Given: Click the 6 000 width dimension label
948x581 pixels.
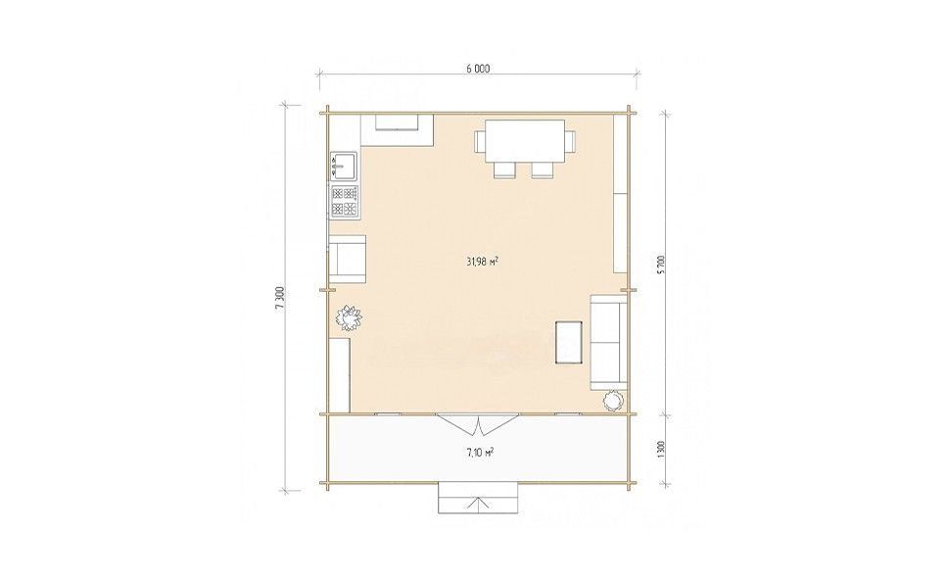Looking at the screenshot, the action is click(x=478, y=69).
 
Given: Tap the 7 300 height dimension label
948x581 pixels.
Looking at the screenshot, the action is click(x=279, y=298).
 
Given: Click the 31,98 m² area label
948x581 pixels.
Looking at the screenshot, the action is click(x=482, y=262).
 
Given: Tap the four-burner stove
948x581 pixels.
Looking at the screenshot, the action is click(x=344, y=201).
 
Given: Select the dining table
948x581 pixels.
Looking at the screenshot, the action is click(x=525, y=141).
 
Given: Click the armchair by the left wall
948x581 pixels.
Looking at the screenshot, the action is click(x=348, y=260).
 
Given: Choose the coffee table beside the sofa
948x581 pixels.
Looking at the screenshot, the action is click(x=569, y=342).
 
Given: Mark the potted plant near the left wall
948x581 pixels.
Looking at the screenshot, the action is click(x=349, y=318).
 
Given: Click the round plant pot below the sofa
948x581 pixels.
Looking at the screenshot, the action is click(x=614, y=400).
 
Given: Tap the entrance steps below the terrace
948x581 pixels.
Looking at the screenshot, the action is click(x=479, y=498).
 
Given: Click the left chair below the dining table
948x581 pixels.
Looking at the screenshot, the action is click(x=504, y=170).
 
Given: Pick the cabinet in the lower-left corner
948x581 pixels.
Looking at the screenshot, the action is click(x=340, y=375).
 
